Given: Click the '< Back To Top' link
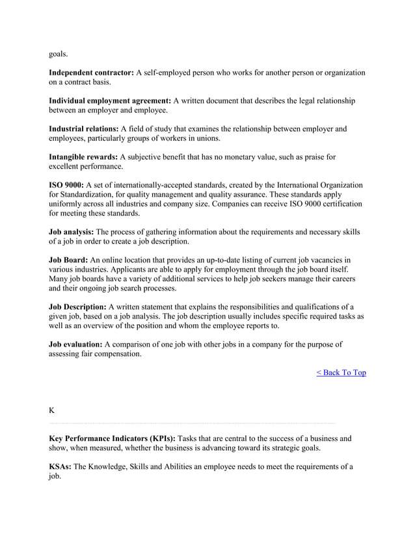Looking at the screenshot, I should (x=341, y=373).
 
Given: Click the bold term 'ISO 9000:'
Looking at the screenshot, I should (x=66, y=185).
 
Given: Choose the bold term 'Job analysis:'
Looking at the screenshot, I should (x=72, y=232).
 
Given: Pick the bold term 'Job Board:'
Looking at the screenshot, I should (x=68, y=261).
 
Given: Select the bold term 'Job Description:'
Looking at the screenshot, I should (x=77, y=307).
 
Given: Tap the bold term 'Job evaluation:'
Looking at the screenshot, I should (x=75, y=344).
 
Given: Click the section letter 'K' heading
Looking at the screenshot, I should (x=52, y=410).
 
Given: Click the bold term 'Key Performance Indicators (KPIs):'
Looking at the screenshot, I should (x=112, y=439).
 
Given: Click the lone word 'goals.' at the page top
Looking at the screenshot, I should (x=60, y=54).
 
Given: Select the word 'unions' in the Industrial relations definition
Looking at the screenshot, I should (x=207, y=138).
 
